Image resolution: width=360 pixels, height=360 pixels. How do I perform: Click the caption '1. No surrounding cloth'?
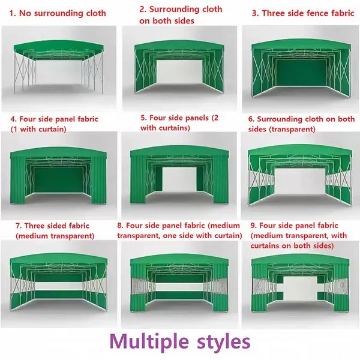click(x=58, y=13)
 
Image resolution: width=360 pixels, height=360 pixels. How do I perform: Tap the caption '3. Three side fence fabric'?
click(x=303, y=13)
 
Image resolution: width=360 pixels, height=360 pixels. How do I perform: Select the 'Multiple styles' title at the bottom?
click(x=180, y=342)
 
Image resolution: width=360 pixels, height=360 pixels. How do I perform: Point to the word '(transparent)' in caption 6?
click(x=292, y=129)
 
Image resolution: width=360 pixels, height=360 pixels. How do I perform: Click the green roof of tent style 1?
click(x=59, y=47)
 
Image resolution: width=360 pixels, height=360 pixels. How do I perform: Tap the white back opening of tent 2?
click(x=180, y=72)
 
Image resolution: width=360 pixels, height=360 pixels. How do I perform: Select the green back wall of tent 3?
click(x=301, y=73)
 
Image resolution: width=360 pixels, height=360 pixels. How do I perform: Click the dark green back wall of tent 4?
click(x=58, y=180)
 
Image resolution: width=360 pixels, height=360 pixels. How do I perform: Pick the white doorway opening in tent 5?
click(x=179, y=179)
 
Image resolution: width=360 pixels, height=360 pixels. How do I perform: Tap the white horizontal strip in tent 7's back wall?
click(x=59, y=286)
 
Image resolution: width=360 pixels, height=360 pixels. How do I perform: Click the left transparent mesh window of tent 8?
click(x=139, y=286)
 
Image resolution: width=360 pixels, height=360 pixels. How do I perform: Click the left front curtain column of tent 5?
click(x=138, y=179)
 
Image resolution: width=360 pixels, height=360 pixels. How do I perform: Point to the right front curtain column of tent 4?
click(x=99, y=179)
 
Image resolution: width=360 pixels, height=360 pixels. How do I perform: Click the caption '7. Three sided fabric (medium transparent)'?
click(x=55, y=231)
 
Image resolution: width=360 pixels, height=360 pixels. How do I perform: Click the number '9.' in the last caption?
click(x=253, y=226)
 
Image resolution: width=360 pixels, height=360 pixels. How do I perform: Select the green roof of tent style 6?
click(x=300, y=152)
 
